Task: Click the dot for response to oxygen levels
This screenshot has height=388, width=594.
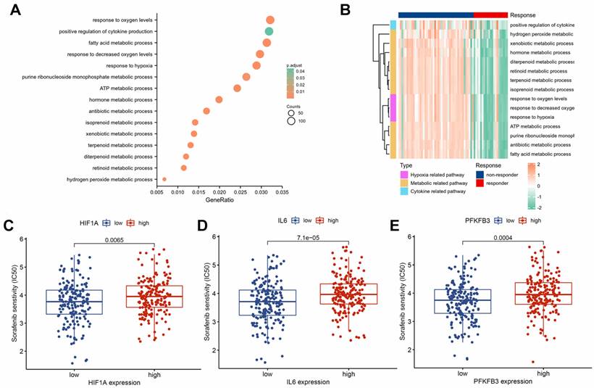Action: coord(270,20)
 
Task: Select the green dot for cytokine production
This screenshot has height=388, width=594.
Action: coord(269,31)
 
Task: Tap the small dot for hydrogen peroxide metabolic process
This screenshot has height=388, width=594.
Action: coord(164,179)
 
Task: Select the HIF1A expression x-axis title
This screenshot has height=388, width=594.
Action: coord(104,381)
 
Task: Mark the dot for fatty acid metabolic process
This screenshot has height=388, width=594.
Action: coord(267,43)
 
